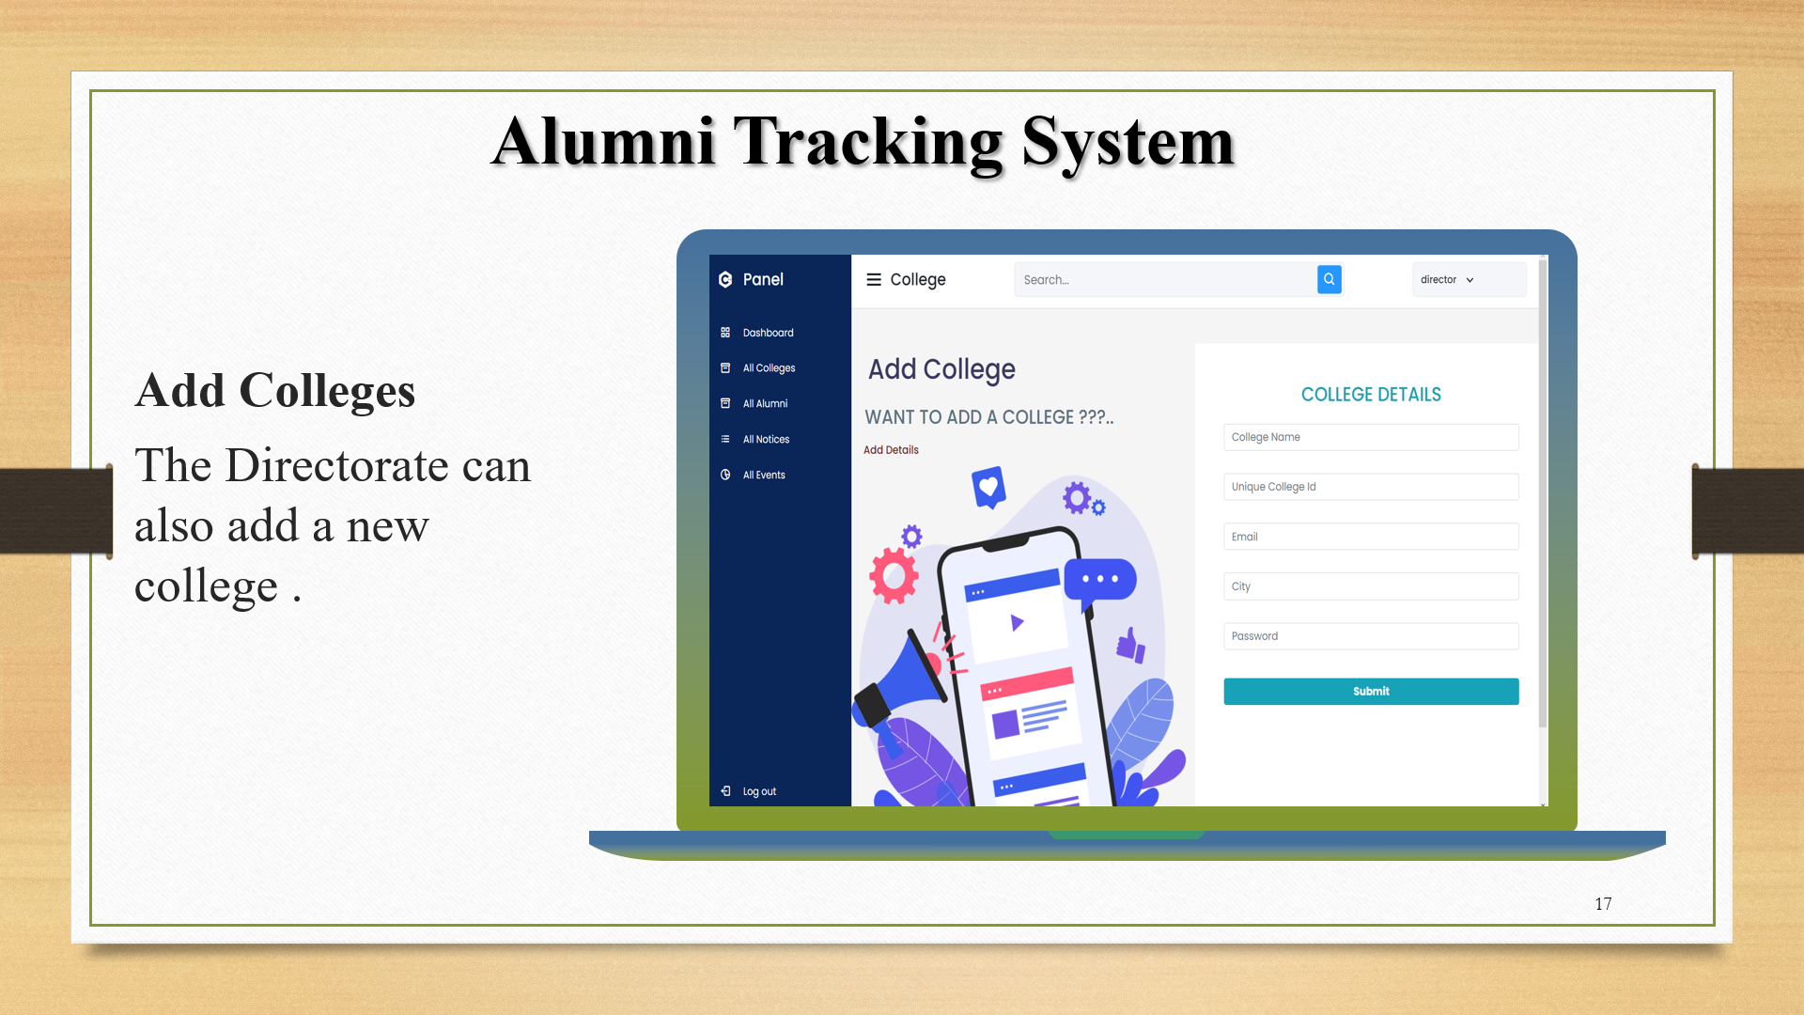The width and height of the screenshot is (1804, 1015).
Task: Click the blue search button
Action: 1329,279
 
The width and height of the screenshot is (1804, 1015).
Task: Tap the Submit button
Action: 1371,691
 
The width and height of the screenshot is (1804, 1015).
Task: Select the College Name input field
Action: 1371,437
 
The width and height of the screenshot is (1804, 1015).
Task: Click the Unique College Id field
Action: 1371,487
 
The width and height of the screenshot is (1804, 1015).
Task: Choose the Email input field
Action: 1371,537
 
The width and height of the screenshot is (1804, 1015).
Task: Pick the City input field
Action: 1371,586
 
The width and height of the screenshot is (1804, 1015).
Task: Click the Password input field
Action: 1371,636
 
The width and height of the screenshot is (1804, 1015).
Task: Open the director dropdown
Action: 1448,280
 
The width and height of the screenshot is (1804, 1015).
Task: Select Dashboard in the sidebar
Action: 768,333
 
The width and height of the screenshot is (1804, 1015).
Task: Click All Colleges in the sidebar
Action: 769,368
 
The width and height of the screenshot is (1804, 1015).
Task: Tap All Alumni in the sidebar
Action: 765,404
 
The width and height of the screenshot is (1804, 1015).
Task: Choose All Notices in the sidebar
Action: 766,440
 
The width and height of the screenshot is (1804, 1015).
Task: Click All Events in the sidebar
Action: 764,476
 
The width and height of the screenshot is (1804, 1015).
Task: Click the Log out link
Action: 758,791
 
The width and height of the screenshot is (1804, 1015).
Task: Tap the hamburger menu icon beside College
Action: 874,280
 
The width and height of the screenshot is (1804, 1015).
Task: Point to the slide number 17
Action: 1603,904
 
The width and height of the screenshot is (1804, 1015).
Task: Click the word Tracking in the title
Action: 868,143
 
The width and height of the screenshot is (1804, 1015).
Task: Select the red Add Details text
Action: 891,450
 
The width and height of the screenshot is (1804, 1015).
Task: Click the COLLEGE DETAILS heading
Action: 1371,395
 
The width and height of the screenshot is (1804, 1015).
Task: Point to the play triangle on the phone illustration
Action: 1017,622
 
